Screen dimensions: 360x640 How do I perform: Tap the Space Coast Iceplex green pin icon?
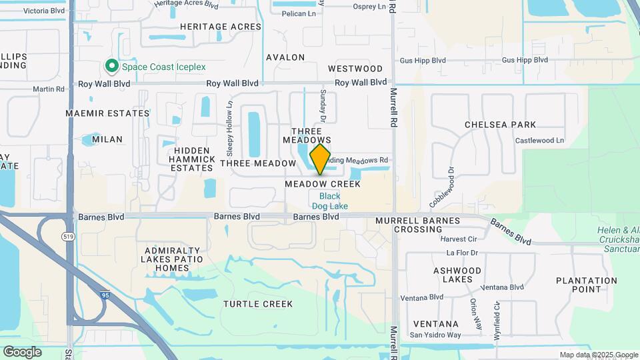(x=111, y=67)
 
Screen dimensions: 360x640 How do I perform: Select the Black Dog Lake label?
(x=329, y=201)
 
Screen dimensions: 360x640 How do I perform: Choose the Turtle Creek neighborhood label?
(x=258, y=304)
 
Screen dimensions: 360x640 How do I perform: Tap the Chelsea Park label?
(x=500, y=125)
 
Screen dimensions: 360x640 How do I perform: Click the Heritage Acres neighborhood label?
(x=221, y=26)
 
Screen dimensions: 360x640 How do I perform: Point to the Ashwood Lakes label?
(x=457, y=275)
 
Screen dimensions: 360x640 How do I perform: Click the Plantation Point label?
(x=587, y=285)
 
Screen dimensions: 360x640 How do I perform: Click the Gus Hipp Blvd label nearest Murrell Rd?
(x=423, y=60)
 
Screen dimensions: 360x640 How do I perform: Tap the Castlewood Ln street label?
(x=540, y=141)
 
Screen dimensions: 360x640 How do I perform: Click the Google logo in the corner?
(x=22, y=352)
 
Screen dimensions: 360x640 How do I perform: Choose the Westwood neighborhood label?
(x=355, y=69)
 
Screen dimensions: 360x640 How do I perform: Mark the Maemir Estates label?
(x=107, y=113)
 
